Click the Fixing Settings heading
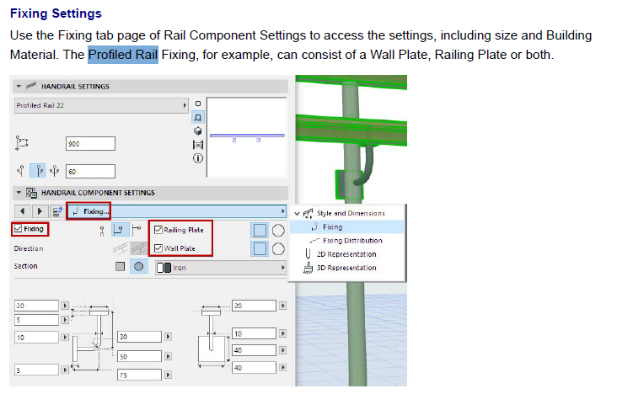(56, 14)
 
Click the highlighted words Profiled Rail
(123, 55)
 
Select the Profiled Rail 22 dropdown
(101, 105)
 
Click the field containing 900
(89, 144)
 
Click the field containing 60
(89, 172)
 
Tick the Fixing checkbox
(18, 229)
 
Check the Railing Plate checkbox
(158, 229)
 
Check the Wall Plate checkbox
(158, 248)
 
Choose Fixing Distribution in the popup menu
(352, 241)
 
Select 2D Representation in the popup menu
(346, 254)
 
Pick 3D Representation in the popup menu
(346, 268)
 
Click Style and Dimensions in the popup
(350, 213)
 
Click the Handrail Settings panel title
(75, 86)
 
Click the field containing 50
(139, 357)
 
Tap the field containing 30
(139, 337)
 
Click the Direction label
(29, 248)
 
